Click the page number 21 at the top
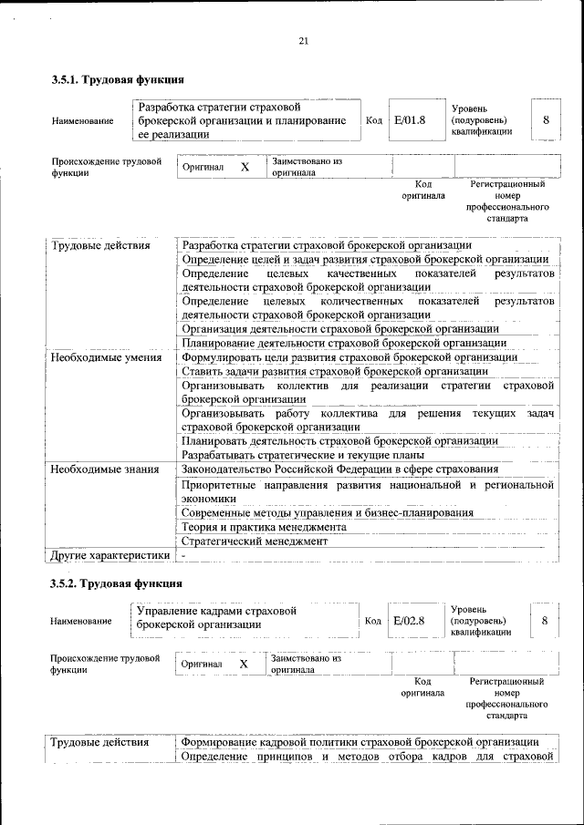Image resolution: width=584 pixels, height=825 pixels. pyautogui.click(x=303, y=40)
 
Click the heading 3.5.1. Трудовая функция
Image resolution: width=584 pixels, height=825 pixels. pyautogui.click(x=119, y=80)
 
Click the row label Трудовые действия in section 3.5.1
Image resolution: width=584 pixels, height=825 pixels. pyautogui.click(x=100, y=245)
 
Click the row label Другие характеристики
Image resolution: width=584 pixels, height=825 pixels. pyautogui.click(x=109, y=554)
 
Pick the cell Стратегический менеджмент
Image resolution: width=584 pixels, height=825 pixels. pyautogui.click(x=254, y=541)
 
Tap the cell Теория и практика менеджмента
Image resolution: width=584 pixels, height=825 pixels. pyautogui.click(x=264, y=527)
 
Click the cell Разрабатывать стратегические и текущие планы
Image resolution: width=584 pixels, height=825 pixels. pyautogui.click(x=302, y=455)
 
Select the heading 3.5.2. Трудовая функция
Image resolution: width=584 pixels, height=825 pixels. pyautogui.click(x=119, y=583)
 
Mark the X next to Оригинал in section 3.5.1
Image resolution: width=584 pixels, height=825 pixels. pyautogui.click(x=245, y=168)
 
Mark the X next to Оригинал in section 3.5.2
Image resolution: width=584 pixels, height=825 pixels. pyautogui.click(x=244, y=665)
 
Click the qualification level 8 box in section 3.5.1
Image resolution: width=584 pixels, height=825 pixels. pyautogui.click(x=546, y=120)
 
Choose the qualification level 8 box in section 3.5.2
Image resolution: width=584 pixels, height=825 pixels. pyautogui.click(x=545, y=621)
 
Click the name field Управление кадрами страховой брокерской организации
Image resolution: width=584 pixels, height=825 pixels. pyautogui.click(x=217, y=619)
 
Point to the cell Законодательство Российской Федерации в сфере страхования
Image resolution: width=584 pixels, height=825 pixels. pyautogui.click(x=340, y=469)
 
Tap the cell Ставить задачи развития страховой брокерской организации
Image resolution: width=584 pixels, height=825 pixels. pyautogui.click(x=335, y=371)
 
